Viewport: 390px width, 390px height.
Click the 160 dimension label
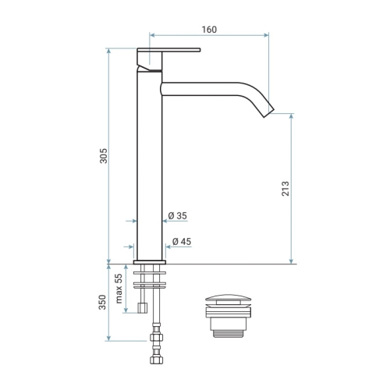(209, 30)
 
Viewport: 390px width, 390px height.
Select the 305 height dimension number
(104, 156)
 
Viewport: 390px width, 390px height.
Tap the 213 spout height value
(285, 189)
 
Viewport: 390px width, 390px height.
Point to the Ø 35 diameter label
(178, 216)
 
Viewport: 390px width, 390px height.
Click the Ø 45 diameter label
(182, 242)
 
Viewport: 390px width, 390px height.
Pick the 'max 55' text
(119, 289)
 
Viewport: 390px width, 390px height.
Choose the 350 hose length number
(102, 302)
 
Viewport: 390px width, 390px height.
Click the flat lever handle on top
(168, 50)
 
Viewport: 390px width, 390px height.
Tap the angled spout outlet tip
(269, 112)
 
